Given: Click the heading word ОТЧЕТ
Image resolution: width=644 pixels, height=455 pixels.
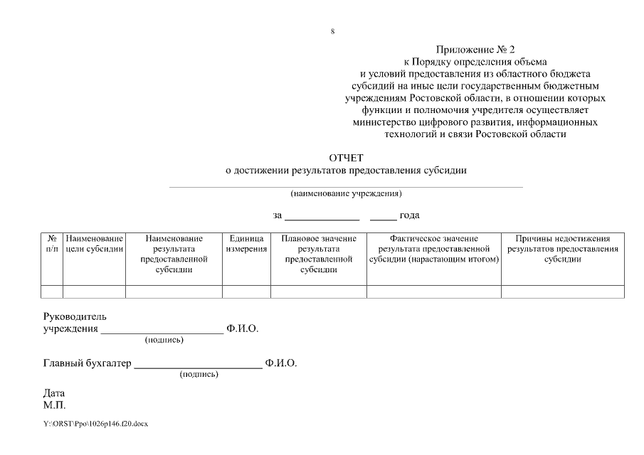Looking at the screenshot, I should (x=345, y=158).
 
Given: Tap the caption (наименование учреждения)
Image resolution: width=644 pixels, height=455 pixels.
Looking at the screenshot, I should (x=346, y=193).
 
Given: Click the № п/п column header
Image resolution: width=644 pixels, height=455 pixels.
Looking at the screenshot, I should (x=52, y=244).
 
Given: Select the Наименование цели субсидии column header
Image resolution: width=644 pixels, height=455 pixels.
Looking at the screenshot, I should (x=95, y=244).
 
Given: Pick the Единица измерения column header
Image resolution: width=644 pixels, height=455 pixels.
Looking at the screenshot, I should (x=246, y=244).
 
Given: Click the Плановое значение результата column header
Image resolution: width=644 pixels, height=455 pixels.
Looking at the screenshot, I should (x=318, y=254).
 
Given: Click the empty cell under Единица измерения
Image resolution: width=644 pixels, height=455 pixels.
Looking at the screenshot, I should (x=246, y=291).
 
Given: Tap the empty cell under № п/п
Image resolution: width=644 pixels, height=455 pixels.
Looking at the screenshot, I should (x=52, y=291).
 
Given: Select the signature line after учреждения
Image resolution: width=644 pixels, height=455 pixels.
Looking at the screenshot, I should (x=162, y=332).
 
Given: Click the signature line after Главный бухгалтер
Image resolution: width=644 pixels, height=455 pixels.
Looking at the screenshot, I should (x=199, y=368).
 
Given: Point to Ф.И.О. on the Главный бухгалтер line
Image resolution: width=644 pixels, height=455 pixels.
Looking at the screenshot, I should (x=280, y=364).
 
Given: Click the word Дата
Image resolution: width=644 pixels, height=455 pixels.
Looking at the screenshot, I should (x=54, y=393).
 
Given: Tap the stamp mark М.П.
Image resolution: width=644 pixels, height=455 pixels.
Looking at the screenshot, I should (x=55, y=405).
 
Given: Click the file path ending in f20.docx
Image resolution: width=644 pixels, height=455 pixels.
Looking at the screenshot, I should (x=95, y=424).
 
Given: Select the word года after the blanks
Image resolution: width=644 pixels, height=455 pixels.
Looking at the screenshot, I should (x=414, y=215).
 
